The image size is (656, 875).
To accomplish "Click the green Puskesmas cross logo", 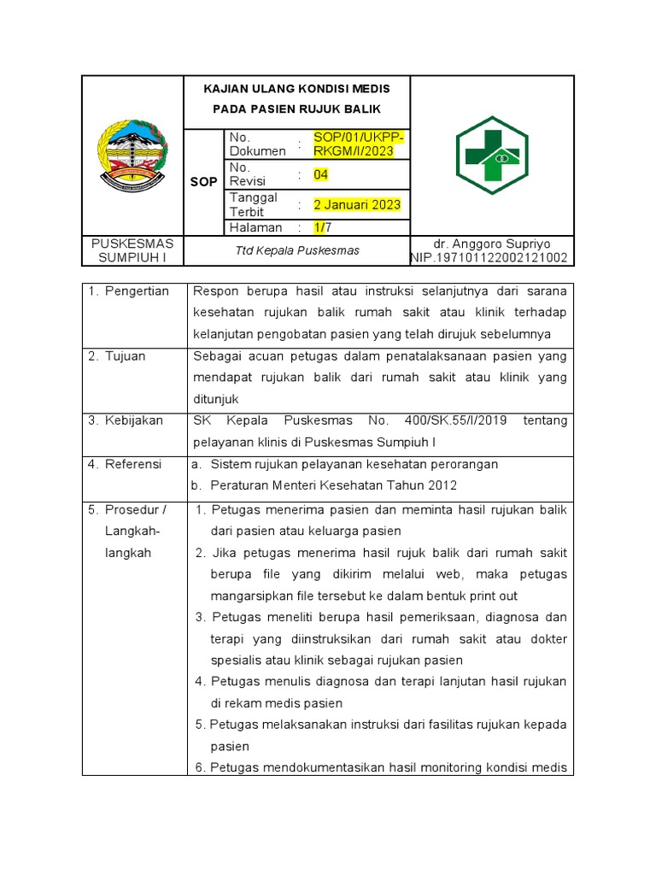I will coord(491,156).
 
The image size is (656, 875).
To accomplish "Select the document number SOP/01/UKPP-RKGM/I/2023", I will coord(359,144).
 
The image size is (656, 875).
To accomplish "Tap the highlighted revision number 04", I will coord(320,175).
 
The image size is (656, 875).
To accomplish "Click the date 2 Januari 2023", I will coord(357,205).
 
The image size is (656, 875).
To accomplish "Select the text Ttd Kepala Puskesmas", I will coord(297,250).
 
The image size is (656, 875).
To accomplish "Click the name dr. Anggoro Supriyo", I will coord(493,244).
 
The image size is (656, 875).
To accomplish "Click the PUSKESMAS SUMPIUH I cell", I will coord(132,250).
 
